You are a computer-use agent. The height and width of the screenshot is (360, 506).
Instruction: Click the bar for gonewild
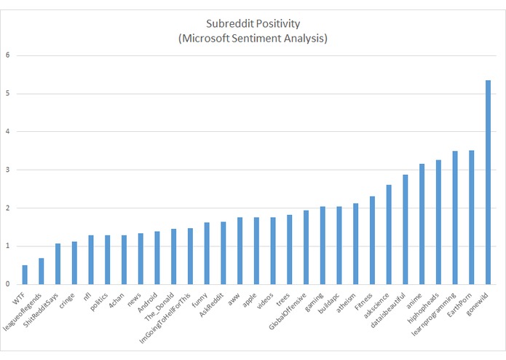click(x=488, y=182)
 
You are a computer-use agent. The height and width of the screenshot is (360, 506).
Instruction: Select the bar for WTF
click(x=25, y=275)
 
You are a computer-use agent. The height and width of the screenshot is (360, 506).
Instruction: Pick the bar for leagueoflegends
click(x=41, y=271)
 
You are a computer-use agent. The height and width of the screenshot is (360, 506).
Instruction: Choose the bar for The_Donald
click(x=174, y=257)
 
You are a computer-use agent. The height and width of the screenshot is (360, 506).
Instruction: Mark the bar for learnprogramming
click(x=455, y=218)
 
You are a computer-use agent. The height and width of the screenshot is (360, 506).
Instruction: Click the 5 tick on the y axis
click(x=8, y=93)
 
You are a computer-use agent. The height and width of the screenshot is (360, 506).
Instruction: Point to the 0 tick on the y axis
click(x=8, y=284)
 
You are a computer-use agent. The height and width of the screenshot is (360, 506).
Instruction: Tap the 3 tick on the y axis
click(x=8, y=170)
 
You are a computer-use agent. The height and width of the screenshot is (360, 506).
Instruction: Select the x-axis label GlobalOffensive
click(x=290, y=308)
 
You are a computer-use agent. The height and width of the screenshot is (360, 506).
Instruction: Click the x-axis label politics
click(x=100, y=300)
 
